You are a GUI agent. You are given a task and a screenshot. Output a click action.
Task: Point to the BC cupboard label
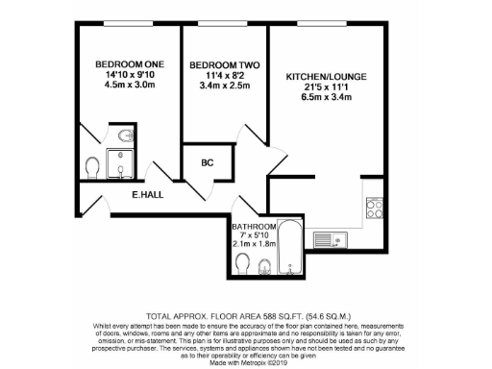click(207, 163)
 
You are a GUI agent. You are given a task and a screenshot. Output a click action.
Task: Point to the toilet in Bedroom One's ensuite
click(91, 169)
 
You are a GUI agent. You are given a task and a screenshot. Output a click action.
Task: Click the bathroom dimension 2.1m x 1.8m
click(254, 244)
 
